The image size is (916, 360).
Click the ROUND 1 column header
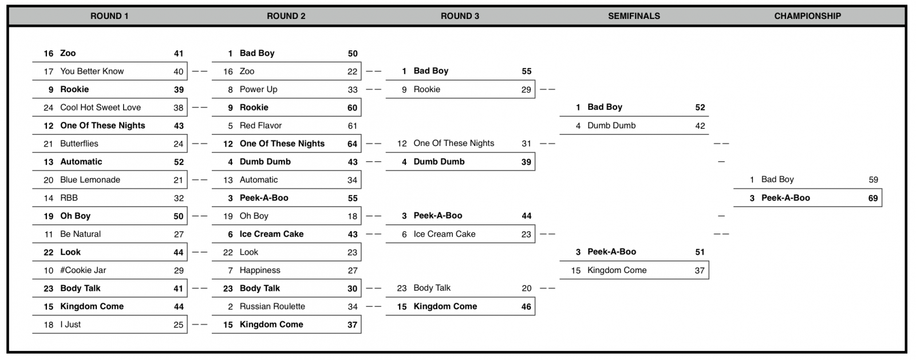(x=109, y=16)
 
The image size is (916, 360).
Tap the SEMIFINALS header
(x=634, y=16)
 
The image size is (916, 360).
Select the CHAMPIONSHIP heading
(x=808, y=16)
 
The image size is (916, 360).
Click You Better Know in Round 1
(x=92, y=71)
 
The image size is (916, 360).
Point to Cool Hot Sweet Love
(x=101, y=108)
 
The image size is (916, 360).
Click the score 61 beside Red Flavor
(x=353, y=126)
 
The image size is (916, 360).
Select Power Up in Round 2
(x=258, y=89)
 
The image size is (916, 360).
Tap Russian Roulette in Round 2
(x=273, y=306)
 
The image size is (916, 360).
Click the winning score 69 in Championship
(x=873, y=198)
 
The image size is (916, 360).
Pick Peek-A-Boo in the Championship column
(x=785, y=198)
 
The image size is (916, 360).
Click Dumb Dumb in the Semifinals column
(x=611, y=125)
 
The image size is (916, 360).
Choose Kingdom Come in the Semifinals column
(x=617, y=270)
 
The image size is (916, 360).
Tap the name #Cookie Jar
(x=83, y=270)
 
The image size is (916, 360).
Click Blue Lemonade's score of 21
(x=178, y=180)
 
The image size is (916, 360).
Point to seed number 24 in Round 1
(x=49, y=108)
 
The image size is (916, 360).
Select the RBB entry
(x=69, y=198)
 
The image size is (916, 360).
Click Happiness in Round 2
(x=260, y=271)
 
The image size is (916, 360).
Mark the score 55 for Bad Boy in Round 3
(x=527, y=71)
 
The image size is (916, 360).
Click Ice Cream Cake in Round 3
(x=444, y=234)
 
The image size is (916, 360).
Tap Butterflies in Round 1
(x=80, y=144)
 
